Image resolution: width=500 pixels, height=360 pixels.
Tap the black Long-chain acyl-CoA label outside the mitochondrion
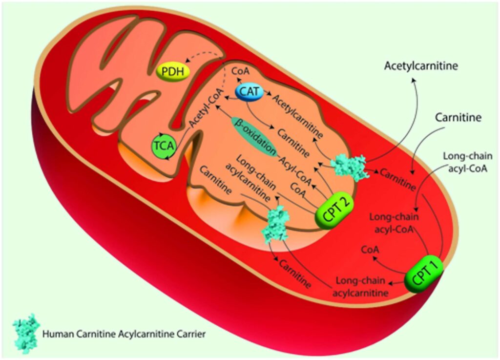click(x=467, y=163)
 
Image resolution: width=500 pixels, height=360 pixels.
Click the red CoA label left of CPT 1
click(x=370, y=250)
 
